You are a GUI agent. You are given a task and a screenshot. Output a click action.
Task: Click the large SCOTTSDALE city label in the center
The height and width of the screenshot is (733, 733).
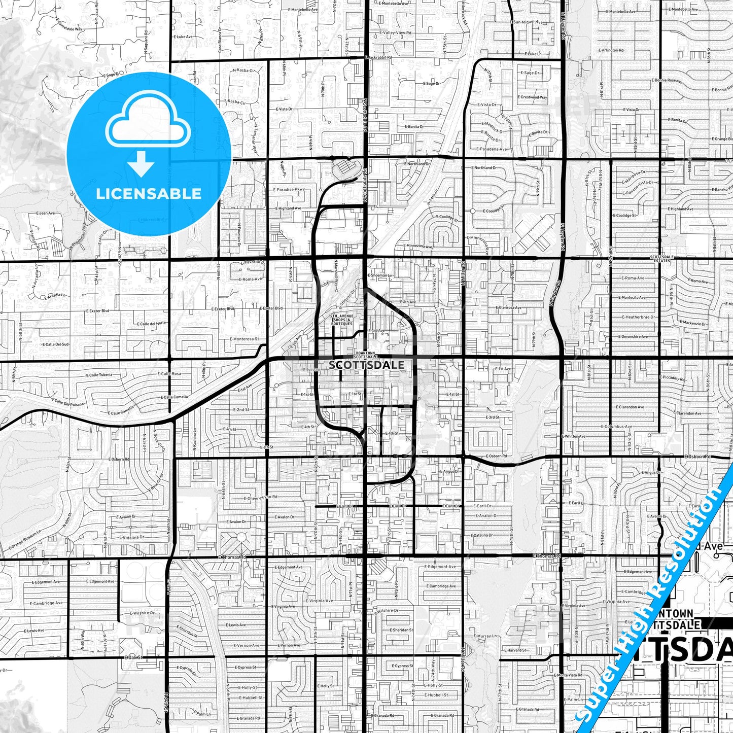click(x=366, y=365)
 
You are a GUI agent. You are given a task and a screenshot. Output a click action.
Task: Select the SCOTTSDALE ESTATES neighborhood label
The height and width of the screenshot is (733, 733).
click(x=662, y=259)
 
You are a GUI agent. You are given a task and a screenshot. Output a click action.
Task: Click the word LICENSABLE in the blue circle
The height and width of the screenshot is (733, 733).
click(x=149, y=193)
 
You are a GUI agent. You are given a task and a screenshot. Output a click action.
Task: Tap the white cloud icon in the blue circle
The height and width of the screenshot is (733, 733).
click(x=148, y=122)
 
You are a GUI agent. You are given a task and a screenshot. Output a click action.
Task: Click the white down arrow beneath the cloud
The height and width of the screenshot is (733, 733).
click(x=141, y=163)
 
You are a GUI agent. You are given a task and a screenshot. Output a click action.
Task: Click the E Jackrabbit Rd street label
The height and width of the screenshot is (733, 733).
click(x=377, y=58)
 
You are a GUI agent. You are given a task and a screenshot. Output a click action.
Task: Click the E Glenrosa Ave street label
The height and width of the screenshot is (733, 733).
click(x=508, y=307)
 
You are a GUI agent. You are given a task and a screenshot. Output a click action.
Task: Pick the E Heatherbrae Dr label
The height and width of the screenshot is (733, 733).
click(x=638, y=317)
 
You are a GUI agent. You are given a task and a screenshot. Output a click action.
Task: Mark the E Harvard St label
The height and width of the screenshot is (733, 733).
click(x=516, y=650)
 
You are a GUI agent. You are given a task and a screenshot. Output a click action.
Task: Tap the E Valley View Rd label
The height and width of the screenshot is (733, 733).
click(x=397, y=33)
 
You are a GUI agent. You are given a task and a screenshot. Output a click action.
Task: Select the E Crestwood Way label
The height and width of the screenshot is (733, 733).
click(x=533, y=97)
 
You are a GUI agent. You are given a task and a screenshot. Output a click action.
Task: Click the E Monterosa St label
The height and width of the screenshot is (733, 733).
click(x=244, y=339)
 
